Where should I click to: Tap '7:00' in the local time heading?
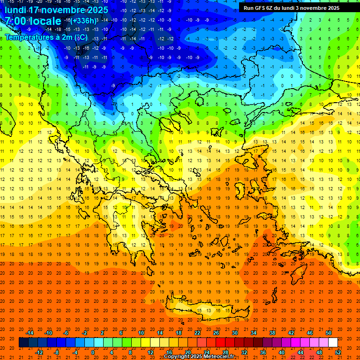[15, 22]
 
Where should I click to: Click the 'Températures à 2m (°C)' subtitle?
[46, 37]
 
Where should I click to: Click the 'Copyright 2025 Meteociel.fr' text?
[199, 357]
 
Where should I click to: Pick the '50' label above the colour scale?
[329, 333]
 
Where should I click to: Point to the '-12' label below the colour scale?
[39, 352]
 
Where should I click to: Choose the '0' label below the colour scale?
[92, 352]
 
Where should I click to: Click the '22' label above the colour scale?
[197, 333]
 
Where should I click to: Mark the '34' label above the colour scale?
[254, 333]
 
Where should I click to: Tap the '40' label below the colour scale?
[282, 352]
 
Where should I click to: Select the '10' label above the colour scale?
[141, 333]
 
